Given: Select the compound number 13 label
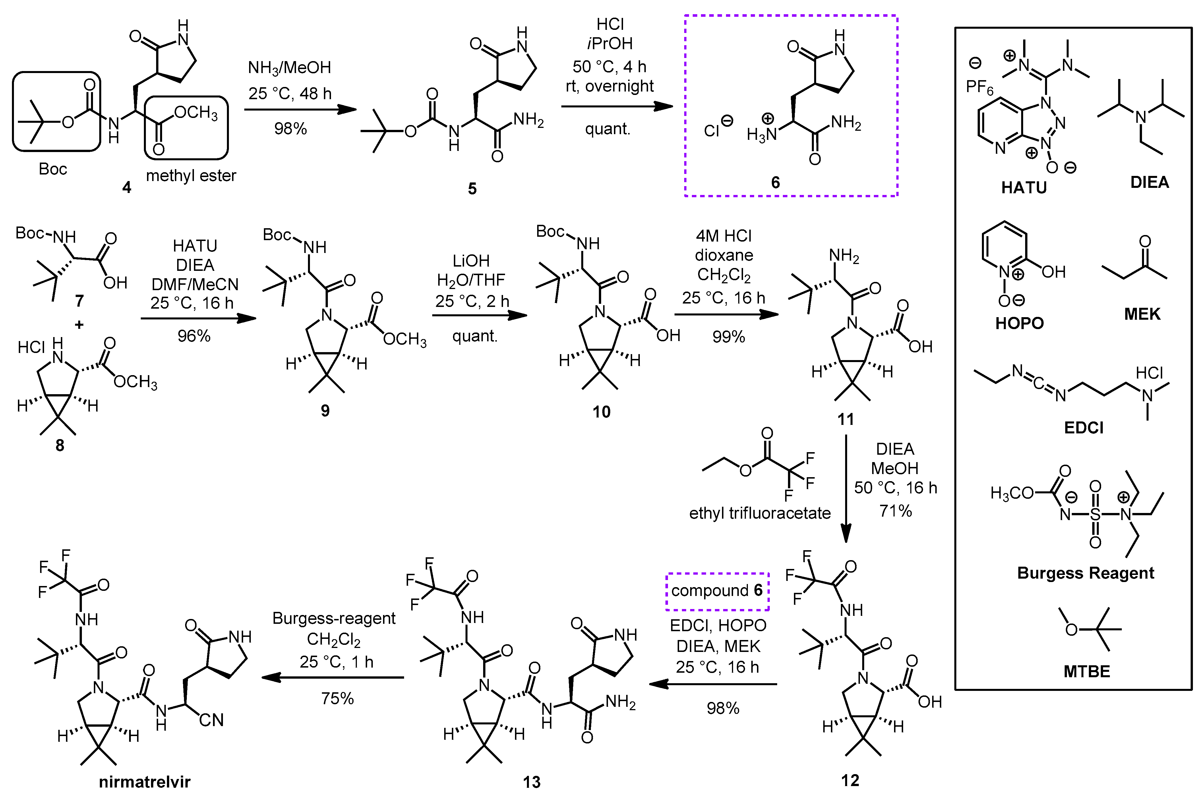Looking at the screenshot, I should [531, 782].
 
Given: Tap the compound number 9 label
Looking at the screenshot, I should [325, 411].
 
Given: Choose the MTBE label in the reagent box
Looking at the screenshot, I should [1087, 672].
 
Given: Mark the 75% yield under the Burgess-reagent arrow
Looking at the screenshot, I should [337, 698].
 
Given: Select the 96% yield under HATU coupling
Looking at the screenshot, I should [194, 336].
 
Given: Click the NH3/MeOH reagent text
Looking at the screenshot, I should [289, 68].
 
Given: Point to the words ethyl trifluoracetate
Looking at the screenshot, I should [760, 513].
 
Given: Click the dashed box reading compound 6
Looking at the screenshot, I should [717, 591].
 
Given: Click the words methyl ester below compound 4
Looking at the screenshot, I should [191, 176].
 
